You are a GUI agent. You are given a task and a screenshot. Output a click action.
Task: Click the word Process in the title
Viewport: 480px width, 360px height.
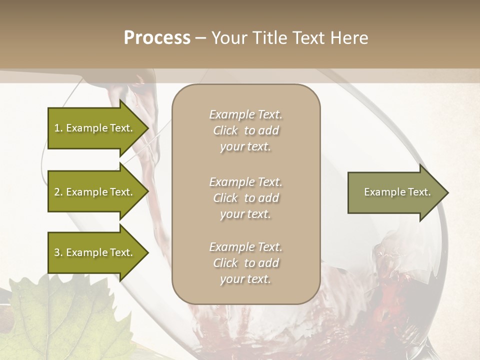(x=157, y=37)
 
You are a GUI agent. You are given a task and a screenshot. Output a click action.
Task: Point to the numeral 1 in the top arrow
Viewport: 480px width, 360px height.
(x=57, y=128)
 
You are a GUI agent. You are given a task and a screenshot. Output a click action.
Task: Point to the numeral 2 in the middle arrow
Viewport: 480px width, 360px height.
(x=57, y=192)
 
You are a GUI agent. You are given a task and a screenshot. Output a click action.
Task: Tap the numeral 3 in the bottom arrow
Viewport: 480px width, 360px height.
(x=57, y=252)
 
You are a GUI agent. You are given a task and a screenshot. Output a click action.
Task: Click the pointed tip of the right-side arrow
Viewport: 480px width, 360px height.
(x=447, y=192)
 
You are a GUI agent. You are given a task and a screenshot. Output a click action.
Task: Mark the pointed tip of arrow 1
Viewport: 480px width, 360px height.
(x=147, y=128)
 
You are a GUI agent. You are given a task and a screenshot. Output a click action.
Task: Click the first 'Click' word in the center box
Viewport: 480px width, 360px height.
(x=225, y=130)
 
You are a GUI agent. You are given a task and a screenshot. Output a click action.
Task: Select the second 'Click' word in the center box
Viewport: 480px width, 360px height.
(x=225, y=198)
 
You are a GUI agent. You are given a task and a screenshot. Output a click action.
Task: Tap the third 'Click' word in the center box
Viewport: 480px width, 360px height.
(x=225, y=263)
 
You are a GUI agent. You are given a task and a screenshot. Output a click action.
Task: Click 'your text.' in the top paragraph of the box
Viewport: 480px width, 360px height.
(x=245, y=147)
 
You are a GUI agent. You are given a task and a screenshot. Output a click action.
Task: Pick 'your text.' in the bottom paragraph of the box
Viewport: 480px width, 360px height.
(x=245, y=279)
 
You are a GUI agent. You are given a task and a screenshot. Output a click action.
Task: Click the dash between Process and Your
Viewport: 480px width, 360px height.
(x=200, y=38)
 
